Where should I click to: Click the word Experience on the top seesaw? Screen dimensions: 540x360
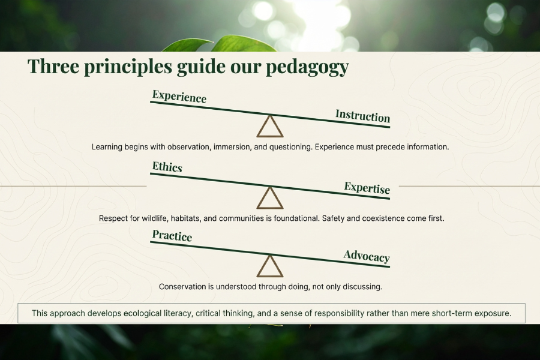179,97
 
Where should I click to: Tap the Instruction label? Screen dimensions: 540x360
362,116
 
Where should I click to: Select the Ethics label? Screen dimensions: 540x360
167,167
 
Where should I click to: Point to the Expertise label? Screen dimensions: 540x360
367,188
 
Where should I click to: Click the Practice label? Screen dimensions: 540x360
172,236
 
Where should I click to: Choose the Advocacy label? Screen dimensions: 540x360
367,256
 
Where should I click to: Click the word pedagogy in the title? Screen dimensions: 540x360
308,67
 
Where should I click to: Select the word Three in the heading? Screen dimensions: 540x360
53,66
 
